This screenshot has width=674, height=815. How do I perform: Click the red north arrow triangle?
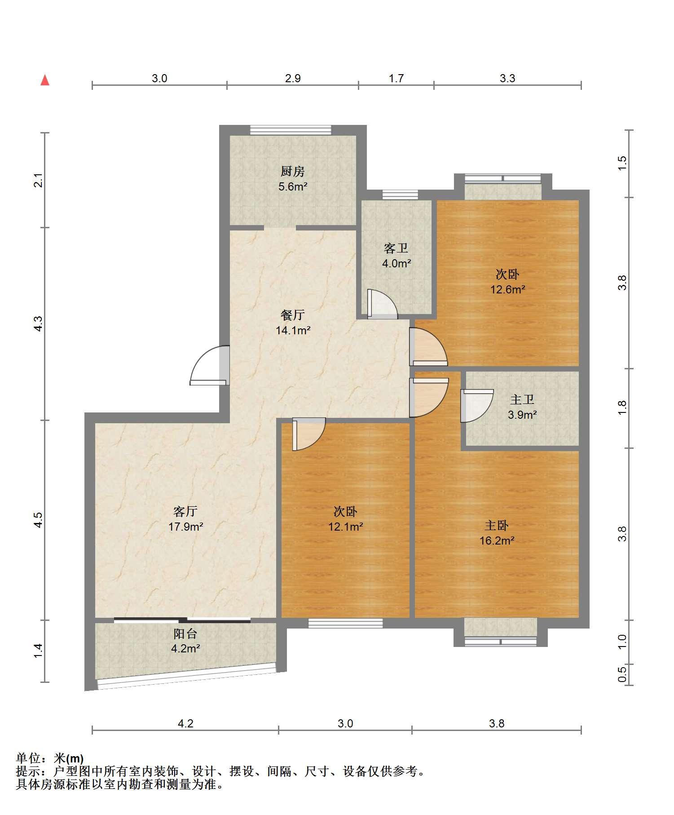coord(45,80)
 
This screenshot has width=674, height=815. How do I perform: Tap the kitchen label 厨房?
coord(293,171)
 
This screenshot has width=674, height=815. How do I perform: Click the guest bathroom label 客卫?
coord(396,248)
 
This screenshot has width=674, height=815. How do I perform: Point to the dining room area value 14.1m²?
coord(293,331)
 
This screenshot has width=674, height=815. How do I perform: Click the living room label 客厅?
coord(185,511)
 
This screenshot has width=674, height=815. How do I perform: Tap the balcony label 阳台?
coord(185,634)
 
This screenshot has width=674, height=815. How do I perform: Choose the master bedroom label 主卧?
coord(497,525)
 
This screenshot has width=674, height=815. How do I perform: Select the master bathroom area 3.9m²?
coord(522,415)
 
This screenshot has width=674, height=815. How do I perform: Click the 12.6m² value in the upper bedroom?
coord(508,289)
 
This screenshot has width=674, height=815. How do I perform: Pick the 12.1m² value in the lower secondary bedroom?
coord(346,527)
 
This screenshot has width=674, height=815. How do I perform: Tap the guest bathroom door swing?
coord(382,304)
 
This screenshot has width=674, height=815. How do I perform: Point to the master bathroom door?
coord(477,406)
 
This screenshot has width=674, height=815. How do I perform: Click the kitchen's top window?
coord(291,130)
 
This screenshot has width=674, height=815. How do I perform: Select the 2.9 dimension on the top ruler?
coord(293,79)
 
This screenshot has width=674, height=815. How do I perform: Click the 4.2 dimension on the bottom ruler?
coord(185,723)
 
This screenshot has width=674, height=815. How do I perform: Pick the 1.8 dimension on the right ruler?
coord(622,408)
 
